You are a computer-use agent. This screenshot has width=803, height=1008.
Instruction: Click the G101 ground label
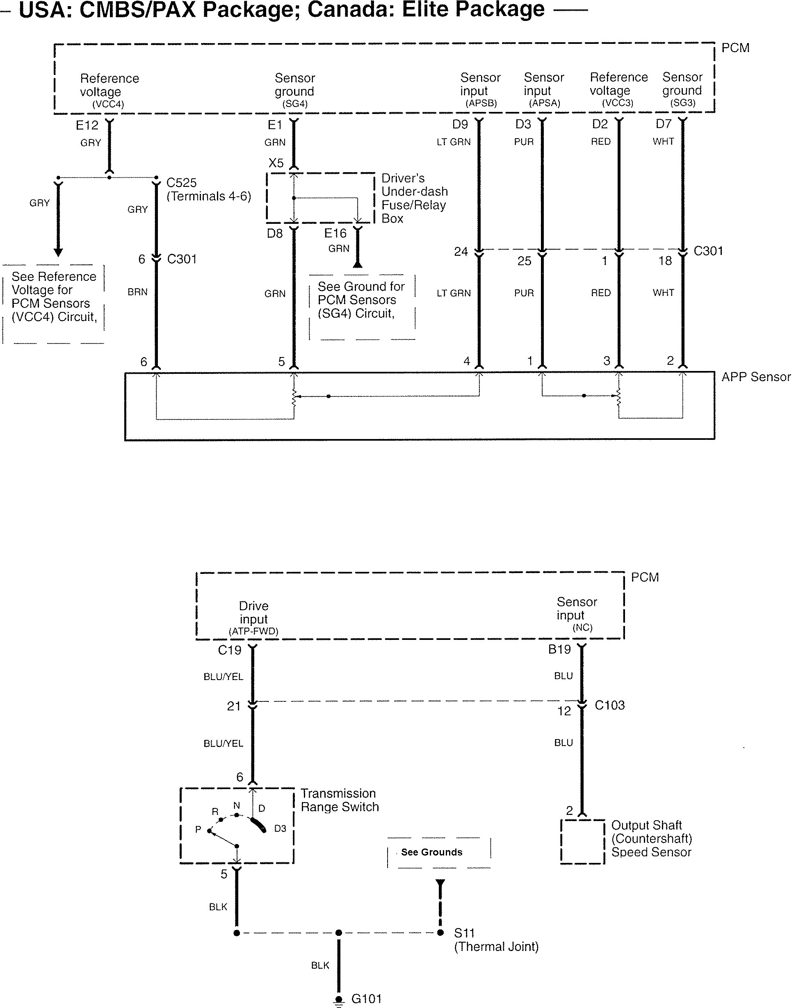tap(366, 999)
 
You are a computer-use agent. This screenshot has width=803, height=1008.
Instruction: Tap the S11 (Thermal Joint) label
tap(496, 940)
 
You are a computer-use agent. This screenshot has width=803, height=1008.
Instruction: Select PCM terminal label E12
tap(87, 125)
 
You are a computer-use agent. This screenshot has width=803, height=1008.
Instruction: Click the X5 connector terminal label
tap(276, 163)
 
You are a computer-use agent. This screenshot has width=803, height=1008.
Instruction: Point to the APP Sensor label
tap(756, 377)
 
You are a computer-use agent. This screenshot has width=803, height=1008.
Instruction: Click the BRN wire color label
tap(137, 292)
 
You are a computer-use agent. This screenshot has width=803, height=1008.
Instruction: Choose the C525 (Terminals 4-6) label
tap(209, 189)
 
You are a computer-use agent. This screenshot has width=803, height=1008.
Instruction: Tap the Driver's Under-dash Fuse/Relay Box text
tap(414, 198)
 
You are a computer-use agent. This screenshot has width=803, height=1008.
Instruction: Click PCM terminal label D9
tap(460, 124)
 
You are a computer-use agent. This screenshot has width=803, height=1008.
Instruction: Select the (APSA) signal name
tap(544, 103)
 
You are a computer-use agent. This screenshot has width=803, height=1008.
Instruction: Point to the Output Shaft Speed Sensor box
tap(583, 842)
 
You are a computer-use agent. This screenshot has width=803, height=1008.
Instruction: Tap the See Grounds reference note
tap(432, 852)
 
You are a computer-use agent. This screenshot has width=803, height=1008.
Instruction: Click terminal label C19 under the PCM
tap(230, 650)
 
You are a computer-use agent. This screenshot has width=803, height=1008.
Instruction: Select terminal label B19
tap(559, 649)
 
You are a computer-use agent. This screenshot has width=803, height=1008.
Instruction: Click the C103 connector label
tap(609, 705)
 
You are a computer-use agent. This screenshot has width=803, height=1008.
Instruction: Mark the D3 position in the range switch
tap(280, 828)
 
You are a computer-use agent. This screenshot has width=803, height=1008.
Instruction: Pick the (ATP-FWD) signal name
tap(253, 631)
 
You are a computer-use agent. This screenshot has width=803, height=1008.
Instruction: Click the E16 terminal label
tap(335, 233)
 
